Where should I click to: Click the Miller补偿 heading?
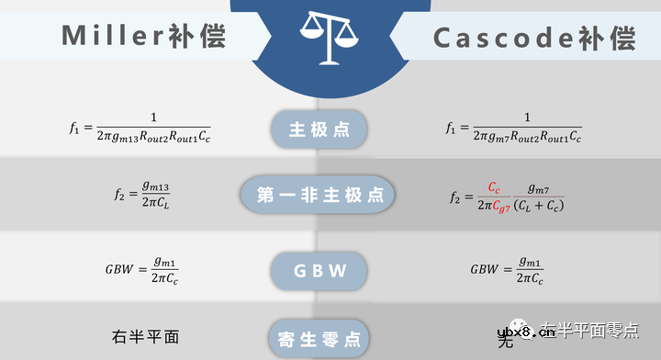[142, 36]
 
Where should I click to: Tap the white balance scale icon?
[330, 39]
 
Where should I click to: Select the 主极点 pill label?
[319, 129]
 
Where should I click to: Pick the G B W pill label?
[319, 270]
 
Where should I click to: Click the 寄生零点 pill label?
[319, 337]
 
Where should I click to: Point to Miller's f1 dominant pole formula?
[140, 128]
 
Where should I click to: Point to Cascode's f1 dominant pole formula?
[514, 128]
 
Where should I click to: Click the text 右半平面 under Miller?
[144, 336]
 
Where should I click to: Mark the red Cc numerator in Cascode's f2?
[494, 186]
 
